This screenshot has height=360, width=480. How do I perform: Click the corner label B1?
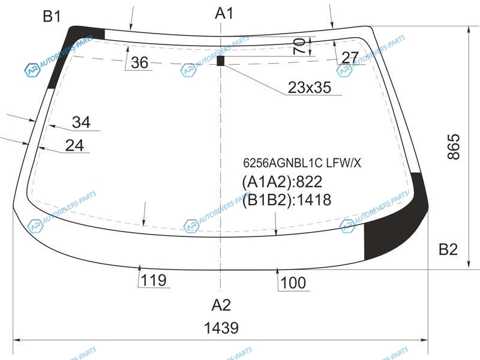[x=52, y=16]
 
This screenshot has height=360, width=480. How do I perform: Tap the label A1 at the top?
[x=224, y=13]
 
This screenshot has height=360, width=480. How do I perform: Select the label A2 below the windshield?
[x=221, y=305]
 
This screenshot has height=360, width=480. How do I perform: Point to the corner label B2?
[x=448, y=249]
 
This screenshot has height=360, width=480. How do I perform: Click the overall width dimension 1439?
[x=221, y=328]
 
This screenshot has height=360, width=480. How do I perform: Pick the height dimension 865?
[x=454, y=146]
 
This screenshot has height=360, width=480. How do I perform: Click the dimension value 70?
[x=299, y=46]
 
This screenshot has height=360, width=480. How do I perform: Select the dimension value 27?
[x=350, y=57]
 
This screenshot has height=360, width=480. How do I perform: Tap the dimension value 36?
[x=139, y=62]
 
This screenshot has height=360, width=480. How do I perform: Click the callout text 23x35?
[x=310, y=87]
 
